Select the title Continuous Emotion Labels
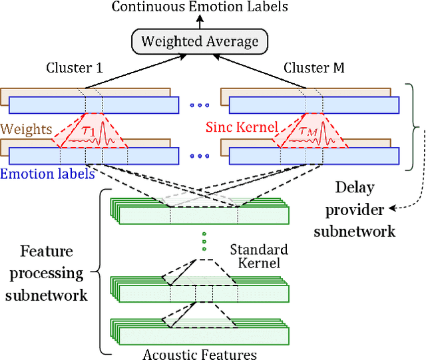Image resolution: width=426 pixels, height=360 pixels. pyautogui.click(x=200, y=7)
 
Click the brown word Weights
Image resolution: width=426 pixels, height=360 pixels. pyautogui.click(x=26, y=128)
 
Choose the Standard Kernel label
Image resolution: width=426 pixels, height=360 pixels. pyautogui.click(x=258, y=256)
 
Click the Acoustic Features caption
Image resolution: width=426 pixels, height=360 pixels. pyautogui.click(x=200, y=353)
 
